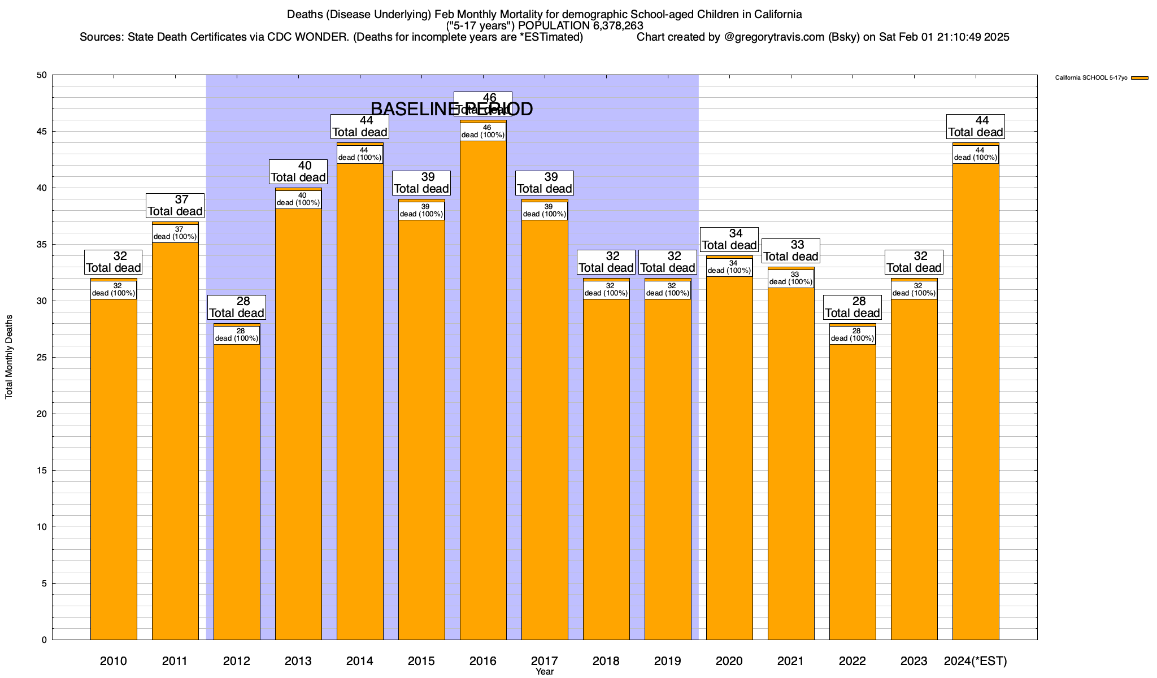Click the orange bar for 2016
(483, 395)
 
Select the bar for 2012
(237, 492)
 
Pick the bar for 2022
(852, 492)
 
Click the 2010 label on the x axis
(114, 661)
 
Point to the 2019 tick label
(668, 661)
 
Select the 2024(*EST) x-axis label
(976, 661)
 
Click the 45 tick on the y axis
(42, 132)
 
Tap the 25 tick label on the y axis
(42, 358)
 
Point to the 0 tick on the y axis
(44, 640)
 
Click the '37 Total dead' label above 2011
(175, 206)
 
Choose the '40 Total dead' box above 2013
(298, 172)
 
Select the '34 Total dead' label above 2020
(729, 240)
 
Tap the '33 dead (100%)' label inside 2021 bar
(791, 279)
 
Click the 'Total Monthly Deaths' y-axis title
(9, 357)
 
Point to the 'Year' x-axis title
(545, 672)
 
